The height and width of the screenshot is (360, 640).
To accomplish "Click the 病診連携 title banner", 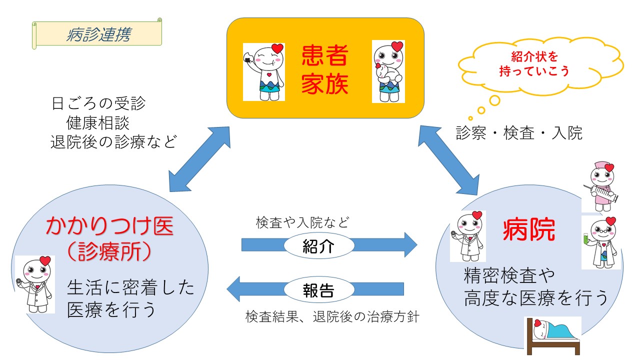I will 98,34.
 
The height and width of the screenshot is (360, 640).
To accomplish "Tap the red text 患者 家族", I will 324,70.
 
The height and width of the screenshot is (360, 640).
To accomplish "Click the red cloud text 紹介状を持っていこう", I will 534,64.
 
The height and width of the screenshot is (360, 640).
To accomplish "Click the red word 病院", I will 528,230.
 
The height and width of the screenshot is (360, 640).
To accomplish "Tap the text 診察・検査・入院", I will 519,133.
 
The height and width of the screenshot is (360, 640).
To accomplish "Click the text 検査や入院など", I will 302,222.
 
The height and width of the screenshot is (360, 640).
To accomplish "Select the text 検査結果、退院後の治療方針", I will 331,317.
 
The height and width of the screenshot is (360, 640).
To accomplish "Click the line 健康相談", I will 98,123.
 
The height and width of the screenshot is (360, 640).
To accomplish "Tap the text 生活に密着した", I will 130,288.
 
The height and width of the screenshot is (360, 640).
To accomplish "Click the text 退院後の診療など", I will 113,142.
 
